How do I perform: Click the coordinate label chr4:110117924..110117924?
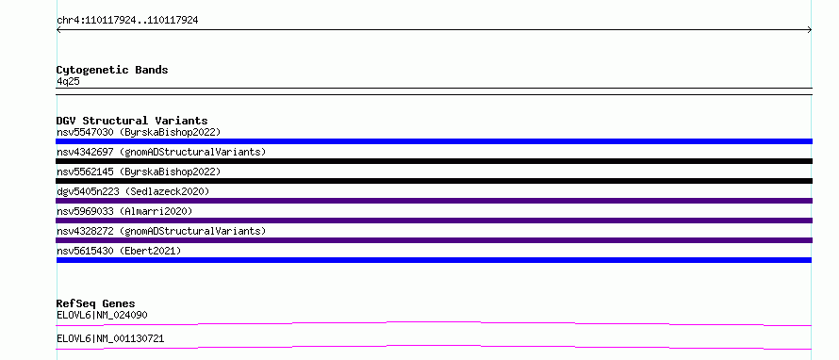tap(127, 21)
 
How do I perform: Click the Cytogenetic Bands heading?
tap(112, 70)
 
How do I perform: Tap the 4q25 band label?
tap(68, 82)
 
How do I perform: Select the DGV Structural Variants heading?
tap(132, 121)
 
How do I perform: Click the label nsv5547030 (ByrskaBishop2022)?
tap(139, 132)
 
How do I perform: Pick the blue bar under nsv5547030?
tap(434, 141)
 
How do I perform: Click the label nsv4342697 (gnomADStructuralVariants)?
tap(161, 152)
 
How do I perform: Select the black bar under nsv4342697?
tap(434, 161)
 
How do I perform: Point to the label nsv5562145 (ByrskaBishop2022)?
tap(139, 172)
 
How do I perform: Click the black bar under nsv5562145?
tap(434, 181)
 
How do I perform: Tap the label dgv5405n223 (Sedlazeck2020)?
tap(133, 191)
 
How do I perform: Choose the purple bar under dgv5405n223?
tap(434, 201)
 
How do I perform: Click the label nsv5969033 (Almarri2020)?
tap(124, 211)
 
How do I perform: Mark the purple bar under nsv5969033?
tap(434, 221)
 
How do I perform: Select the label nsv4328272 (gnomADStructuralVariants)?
tap(161, 231)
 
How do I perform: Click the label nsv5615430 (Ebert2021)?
tap(119, 251)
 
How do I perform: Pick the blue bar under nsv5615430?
tap(434, 260)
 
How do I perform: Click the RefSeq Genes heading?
tap(96, 303)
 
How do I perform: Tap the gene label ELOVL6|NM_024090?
tap(102, 315)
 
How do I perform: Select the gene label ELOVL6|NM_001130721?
tap(110, 338)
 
